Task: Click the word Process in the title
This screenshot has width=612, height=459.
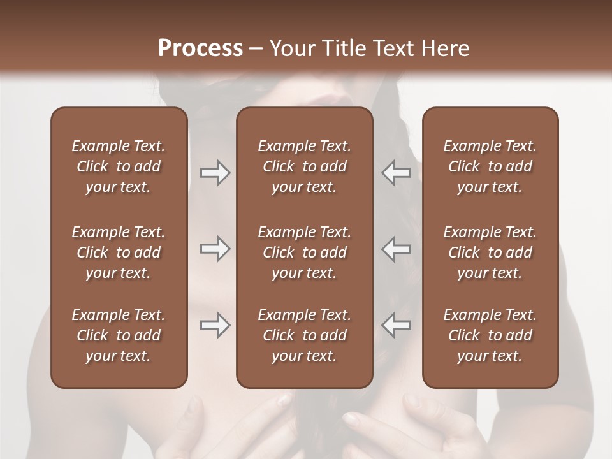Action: [x=200, y=48]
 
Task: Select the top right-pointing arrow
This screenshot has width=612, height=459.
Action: [x=215, y=173]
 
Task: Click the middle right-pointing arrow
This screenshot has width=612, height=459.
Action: [x=215, y=249]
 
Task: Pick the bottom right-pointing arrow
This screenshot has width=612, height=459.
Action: [x=215, y=325]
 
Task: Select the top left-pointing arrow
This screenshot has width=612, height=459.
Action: [x=396, y=173]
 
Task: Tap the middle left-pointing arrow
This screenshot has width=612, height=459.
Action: [x=396, y=249]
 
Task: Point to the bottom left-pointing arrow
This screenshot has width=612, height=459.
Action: [x=396, y=325]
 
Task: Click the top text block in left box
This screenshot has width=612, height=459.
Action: [x=119, y=166]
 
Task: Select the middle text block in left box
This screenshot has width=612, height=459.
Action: [x=119, y=252]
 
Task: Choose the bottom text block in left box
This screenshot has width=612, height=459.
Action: [x=119, y=335]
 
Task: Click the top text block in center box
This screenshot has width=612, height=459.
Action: [x=304, y=166]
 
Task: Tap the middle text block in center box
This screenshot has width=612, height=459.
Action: [x=304, y=252]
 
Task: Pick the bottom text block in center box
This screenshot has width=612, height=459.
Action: [x=304, y=335]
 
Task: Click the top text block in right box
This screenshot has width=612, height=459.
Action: [x=490, y=166]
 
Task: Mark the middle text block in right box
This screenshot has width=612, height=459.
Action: [x=490, y=252]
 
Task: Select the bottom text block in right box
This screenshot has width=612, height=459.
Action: [x=490, y=335]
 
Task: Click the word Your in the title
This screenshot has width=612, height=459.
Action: [x=291, y=48]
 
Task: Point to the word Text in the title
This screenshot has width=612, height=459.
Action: [x=393, y=48]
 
